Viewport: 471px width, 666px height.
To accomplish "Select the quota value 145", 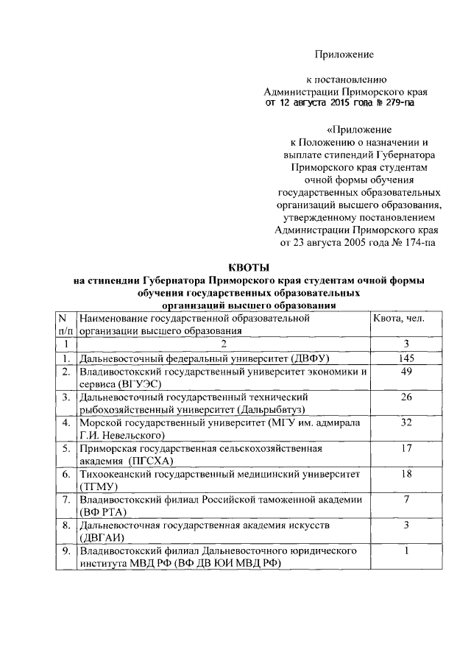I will (x=406, y=358).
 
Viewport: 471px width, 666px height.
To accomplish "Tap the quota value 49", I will (x=406, y=372).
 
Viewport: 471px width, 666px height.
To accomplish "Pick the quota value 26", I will (x=406, y=398).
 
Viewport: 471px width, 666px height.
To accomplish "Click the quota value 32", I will (x=406, y=423).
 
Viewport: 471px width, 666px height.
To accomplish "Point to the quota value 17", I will (x=406, y=448).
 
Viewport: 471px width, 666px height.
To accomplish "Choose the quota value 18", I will (x=406, y=474).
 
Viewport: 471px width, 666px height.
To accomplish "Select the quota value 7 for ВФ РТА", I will (x=406, y=499).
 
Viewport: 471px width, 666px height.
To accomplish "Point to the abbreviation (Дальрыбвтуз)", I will (x=270, y=409).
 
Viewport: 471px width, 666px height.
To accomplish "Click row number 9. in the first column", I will (x=66, y=550).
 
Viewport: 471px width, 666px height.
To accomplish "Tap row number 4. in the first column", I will (x=66, y=423).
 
